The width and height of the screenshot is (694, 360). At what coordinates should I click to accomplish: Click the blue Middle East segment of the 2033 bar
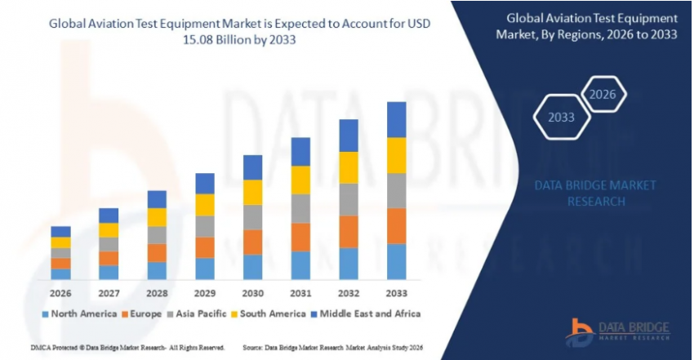(x=396, y=119)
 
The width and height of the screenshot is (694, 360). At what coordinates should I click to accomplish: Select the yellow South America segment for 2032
(x=349, y=167)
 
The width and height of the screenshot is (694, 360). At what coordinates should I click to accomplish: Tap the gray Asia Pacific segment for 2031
(x=300, y=208)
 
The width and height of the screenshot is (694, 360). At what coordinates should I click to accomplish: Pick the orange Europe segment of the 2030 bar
(x=253, y=242)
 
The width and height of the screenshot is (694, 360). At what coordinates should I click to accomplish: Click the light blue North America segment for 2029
(x=205, y=269)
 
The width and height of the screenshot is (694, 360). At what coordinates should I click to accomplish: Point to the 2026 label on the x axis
(x=60, y=292)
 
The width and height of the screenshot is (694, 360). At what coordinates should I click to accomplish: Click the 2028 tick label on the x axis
(x=157, y=292)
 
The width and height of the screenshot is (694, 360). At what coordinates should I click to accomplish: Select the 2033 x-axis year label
(x=396, y=292)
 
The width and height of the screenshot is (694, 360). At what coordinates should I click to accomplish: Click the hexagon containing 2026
(x=603, y=95)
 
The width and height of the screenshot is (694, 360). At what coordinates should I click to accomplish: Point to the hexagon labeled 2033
(x=561, y=117)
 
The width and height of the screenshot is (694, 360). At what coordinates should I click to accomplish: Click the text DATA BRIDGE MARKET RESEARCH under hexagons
(x=594, y=193)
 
